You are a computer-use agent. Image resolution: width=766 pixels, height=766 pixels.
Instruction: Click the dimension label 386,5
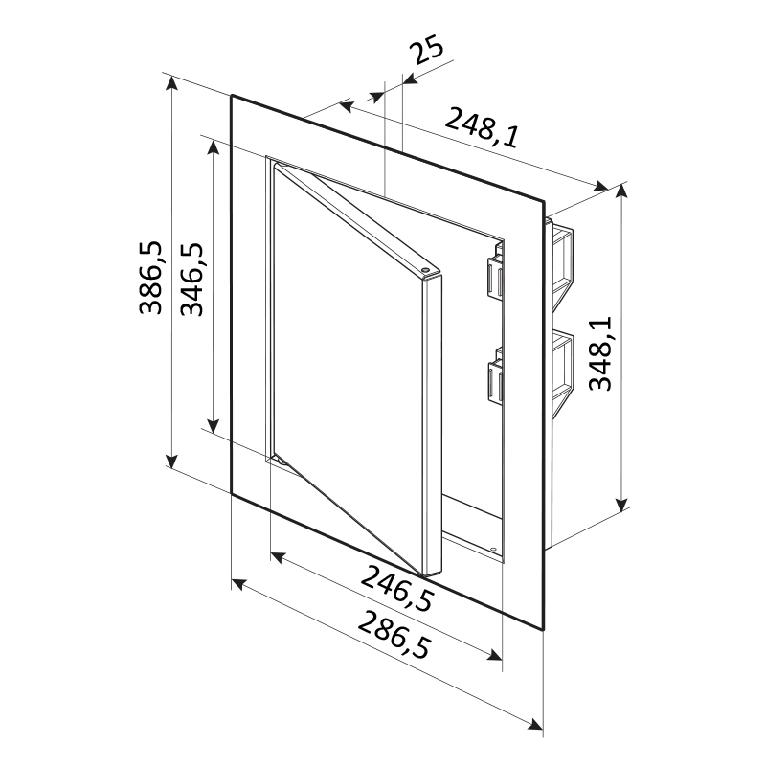click(150, 278)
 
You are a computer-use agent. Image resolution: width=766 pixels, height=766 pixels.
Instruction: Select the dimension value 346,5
click(192, 279)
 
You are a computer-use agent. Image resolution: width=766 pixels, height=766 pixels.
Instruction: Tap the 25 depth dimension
click(427, 51)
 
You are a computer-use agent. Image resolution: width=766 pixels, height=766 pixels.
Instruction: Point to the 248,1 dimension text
click(482, 128)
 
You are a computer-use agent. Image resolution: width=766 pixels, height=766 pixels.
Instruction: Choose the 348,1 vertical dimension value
click(600, 353)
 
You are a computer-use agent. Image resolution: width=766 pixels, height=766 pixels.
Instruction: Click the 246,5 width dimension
click(397, 589)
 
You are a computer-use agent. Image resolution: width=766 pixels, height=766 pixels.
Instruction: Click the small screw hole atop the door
click(425, 269)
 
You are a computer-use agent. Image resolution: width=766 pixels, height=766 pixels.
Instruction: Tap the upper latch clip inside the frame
click(494, 276)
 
